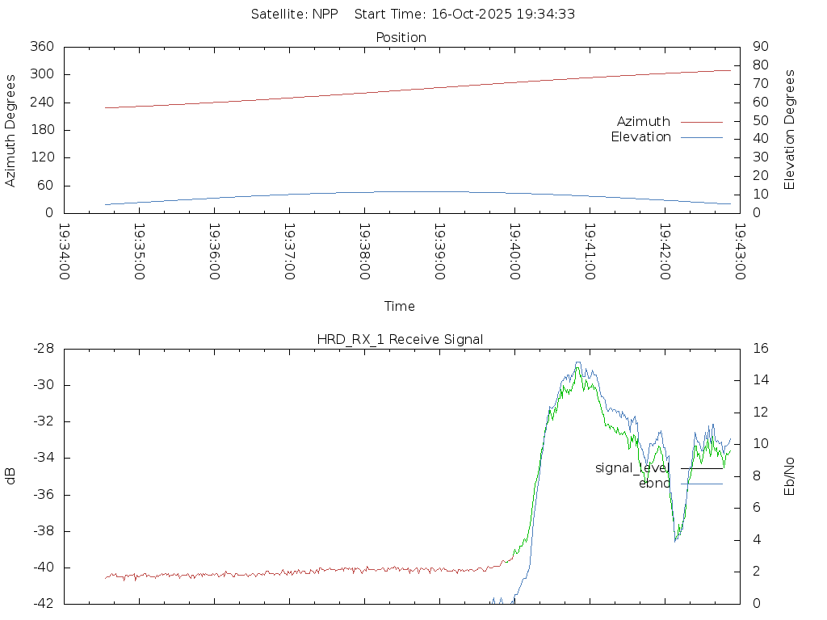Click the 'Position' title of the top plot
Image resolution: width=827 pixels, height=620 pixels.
(x=401, y=38)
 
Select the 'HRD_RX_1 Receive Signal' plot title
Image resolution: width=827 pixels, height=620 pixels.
(x=400, y=339)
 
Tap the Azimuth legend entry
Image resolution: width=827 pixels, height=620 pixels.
(x=644, y=122)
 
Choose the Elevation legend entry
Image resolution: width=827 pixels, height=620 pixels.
(x=640, y=137)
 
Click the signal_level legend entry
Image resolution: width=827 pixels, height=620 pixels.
(x=632, y=468)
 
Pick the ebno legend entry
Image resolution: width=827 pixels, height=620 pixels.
(x=654, y=484)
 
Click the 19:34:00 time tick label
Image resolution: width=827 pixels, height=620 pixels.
(x=65, y=252)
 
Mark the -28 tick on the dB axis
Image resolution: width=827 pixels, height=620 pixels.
(x=42, y=349)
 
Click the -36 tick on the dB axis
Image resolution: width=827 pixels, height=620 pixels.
(x=42, y=495)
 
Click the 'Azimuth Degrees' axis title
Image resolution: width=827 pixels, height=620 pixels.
(x=11, y=130)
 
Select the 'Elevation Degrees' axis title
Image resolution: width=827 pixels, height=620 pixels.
(x=790, y=130)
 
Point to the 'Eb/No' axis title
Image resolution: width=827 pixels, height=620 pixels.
(x=790, y=475)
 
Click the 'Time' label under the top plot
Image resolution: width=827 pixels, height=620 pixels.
(x=400, y=307)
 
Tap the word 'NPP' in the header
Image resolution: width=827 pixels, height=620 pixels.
(x=325, y=14)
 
